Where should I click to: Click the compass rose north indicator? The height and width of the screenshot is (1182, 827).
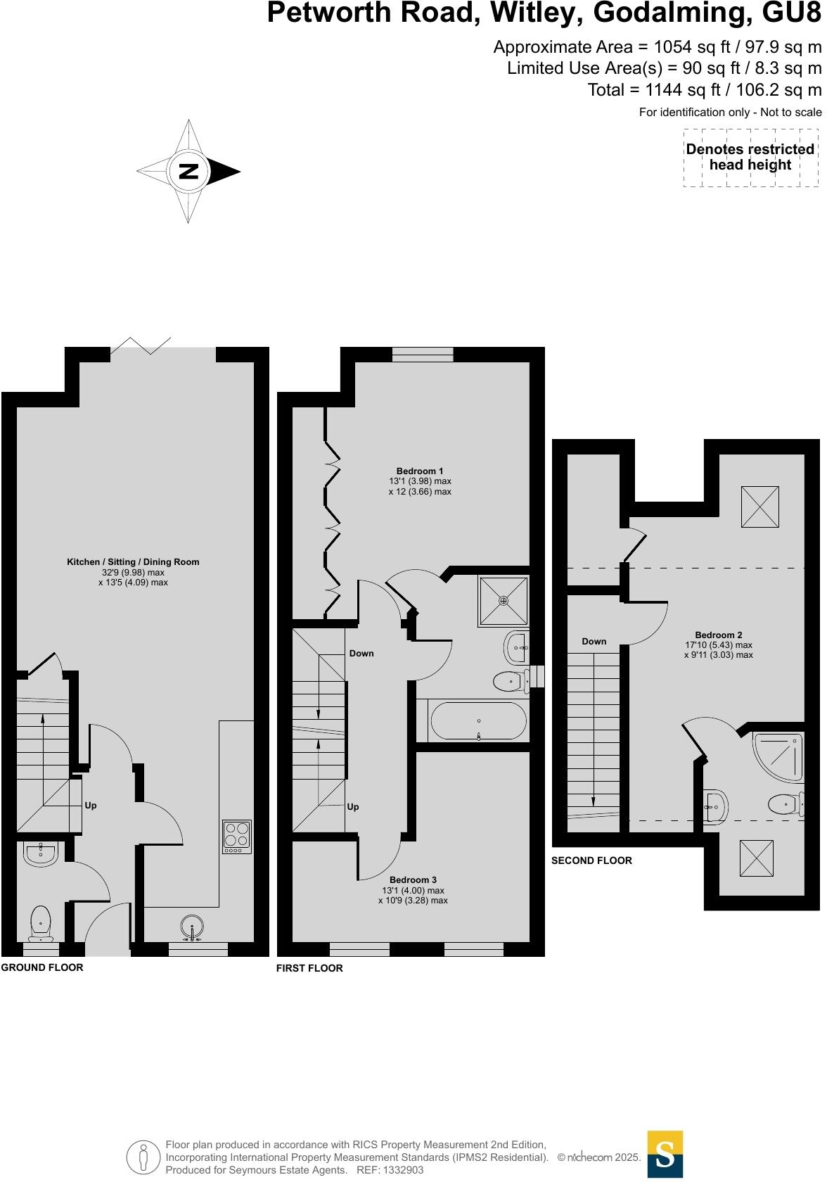point(188,171)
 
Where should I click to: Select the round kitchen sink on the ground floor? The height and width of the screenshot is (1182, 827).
point(192,927)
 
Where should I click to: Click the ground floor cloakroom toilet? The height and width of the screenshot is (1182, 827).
point(41,922)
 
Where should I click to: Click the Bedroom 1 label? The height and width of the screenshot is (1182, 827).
point(420,471)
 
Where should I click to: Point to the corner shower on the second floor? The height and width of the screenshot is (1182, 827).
point(779,756)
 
